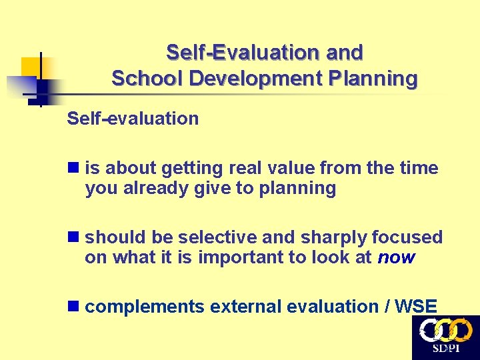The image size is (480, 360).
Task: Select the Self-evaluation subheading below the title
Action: pos(133,119)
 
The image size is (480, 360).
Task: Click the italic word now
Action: pos(396,257)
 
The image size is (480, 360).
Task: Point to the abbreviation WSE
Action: pos(416,307)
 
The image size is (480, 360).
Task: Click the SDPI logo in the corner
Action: pos(445,337)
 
